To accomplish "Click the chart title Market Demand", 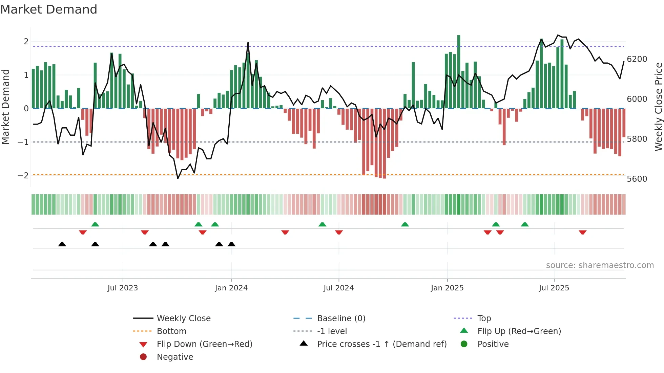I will tap(49, 9).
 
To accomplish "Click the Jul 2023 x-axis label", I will tap(123, 288).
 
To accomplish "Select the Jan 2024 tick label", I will tap(231, 288).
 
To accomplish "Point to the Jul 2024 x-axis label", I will tap(338, 288).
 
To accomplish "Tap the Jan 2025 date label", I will tap(447, 288).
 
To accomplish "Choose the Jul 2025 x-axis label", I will tap(554, 288).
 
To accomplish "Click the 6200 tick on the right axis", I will tap(637, 59).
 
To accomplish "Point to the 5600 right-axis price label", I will tap(637, 179).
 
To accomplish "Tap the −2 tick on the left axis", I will tap(23, 176).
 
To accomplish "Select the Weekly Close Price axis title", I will tap(658, 107).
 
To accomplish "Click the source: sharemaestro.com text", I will tap(600, 265).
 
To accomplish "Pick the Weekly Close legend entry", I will tap(183, 319).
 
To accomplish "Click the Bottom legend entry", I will tap(171, 331).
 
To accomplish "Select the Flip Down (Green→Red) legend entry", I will tap(204, 344).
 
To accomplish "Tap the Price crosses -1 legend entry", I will tap(381, 344).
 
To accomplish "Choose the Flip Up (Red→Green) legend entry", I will tap(519, 331).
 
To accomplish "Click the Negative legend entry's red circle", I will tap(143, 357).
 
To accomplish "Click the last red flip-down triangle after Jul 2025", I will tap(582, 232).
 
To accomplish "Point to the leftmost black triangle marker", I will tap(62, 244).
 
